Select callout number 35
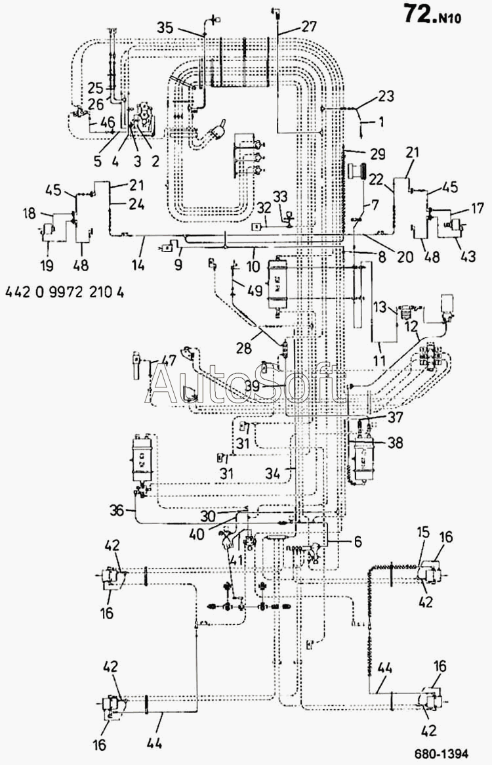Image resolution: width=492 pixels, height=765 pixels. click(165, 28)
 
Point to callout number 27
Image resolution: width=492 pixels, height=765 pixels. click(309, 26)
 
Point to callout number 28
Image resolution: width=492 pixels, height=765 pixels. click(244, 348)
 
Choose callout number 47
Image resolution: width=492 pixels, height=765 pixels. click(169, 362)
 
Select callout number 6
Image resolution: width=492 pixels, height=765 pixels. click(358, 542)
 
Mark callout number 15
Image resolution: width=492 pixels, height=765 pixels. click(423, 532)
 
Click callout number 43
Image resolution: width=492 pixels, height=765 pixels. click(468, 255)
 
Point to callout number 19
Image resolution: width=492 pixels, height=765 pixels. click(47, 265)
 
